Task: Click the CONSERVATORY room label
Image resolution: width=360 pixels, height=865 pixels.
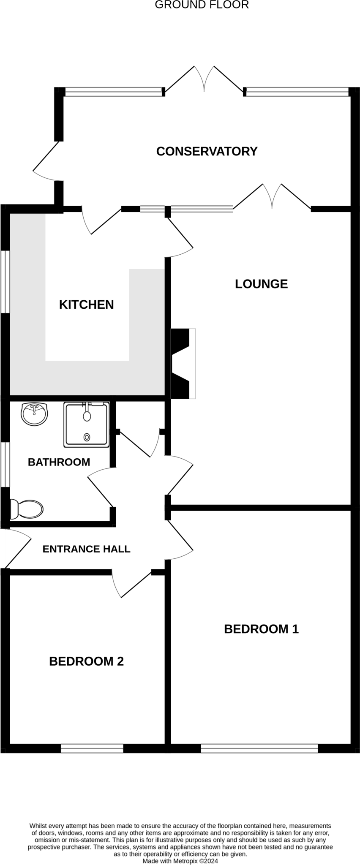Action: coord(207,151)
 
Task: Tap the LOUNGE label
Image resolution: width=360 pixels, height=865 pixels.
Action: coord(261,284)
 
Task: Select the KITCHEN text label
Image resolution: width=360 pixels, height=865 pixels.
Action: coord(86,305)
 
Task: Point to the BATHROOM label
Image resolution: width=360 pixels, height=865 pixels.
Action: coord(59,462)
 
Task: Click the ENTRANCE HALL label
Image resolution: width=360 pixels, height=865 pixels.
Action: coord(86,549)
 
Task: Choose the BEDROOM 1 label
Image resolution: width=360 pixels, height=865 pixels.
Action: coord(261,629)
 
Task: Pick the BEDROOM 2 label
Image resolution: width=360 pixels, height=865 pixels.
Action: coord(86,661)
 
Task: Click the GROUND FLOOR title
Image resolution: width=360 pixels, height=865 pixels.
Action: coord(202,5)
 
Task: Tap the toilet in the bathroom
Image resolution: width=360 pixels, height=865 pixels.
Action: coord(27,509)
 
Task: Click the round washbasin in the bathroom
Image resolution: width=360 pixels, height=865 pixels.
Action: coord(34,414)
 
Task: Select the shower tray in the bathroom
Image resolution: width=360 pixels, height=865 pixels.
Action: coord(87,424)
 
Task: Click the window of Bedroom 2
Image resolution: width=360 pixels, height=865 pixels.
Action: coord(92,748)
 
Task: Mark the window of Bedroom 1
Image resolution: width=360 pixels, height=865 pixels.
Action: coord(259,748)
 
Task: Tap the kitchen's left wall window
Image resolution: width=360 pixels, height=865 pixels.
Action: coord(5,282)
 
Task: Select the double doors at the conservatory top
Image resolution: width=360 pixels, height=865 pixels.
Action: coord(205,80)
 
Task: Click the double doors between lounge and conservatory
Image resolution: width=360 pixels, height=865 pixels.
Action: coord(272,197)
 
